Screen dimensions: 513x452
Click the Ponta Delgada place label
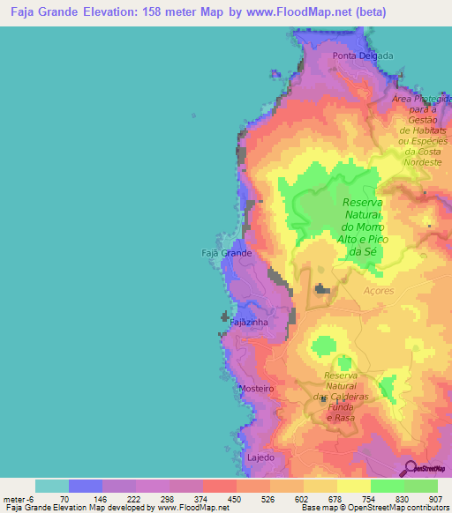pos(363,56)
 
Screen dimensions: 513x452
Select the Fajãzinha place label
pos(249,323)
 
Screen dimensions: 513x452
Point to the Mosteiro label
pos(257,388)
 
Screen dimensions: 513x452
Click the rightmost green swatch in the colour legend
pos(421,486)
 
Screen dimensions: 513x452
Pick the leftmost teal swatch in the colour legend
pos(52,486)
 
